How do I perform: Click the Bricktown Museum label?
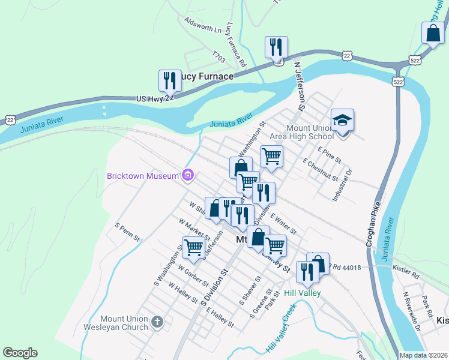[x=143, y=176]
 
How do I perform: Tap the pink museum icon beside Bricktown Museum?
[x=188, y=175]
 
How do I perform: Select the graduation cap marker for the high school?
[x=342, y=121]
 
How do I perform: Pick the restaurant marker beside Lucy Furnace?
[x=170, y=80]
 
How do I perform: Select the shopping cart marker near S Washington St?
[x=193, y=247]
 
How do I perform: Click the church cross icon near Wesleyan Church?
[x=157, y=323]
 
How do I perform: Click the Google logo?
[x=20, y=353]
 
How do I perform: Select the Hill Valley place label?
[x=303, y=293]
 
